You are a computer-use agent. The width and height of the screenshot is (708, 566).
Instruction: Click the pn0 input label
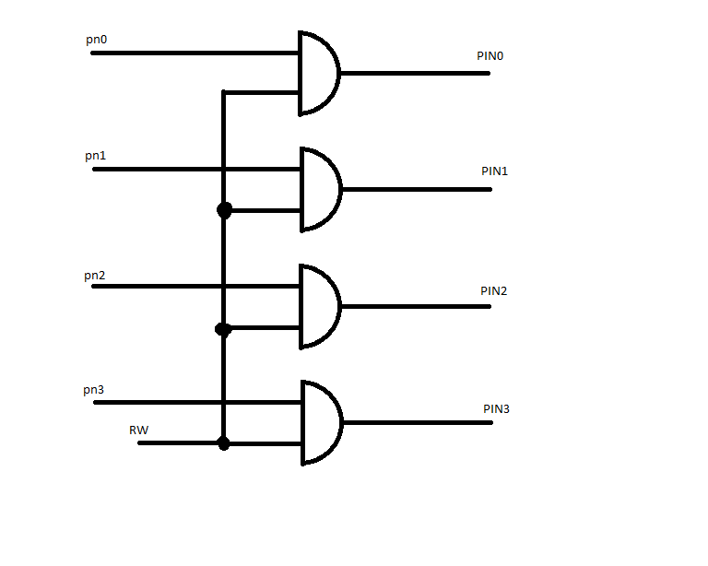click(x=96, y=40)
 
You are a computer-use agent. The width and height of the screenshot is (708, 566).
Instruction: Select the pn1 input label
click(x=95, y=156)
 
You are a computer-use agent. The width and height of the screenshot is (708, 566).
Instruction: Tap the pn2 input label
click(x=94, y=276)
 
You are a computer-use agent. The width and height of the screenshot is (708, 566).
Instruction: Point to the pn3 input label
click(x=93, y=390)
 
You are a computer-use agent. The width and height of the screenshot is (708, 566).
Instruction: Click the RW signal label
click(x=138, y=430)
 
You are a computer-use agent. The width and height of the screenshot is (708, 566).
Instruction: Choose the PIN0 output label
click(x=490, y=56)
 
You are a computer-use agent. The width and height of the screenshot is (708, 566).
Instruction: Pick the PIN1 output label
click(x=494, y=171)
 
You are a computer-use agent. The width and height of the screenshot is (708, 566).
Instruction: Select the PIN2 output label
click(x=493, y=291)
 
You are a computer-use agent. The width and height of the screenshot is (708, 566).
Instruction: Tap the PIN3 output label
click(x=496, y=409)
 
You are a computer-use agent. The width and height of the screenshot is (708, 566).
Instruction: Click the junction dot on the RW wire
click(x=223, y=443)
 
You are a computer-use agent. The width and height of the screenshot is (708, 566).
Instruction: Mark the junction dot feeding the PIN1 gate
click(x=224, y=210)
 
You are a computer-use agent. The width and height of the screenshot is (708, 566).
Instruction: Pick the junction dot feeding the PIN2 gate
click(x=223, y=329)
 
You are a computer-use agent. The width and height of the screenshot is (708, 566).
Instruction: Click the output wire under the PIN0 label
click(x=415, y=73)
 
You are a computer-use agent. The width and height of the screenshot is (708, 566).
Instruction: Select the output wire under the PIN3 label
click(x=418, y=422)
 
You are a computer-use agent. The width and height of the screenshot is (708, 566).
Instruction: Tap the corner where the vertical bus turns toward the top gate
click(x=223, y=92)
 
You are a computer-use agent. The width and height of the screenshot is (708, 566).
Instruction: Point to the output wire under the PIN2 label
click(x=416, y=306)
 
